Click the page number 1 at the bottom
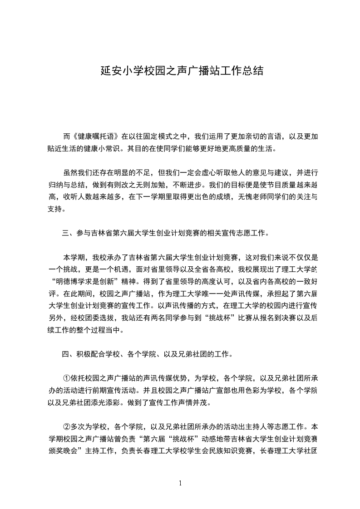point(180,483)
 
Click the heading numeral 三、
point(69,234)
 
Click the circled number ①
point(67,379)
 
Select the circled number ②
point(67,427)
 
